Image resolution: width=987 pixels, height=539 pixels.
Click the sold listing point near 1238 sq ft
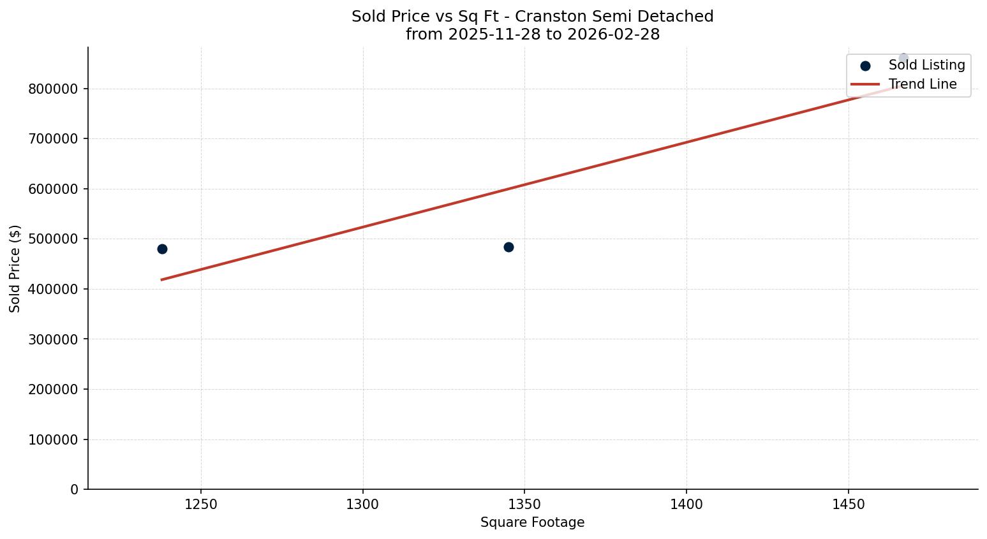162,249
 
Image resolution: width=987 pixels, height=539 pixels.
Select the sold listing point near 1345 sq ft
508,247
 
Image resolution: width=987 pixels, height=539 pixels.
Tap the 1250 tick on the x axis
201,505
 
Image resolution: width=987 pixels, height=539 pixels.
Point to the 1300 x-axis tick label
362,505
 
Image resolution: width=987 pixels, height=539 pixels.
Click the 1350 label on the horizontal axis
524,505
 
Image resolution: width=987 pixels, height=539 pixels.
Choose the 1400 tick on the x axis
686,505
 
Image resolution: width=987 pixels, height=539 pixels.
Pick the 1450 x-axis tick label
848,505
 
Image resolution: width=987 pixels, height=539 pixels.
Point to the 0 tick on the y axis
75,490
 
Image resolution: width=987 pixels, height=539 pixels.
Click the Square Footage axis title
532,523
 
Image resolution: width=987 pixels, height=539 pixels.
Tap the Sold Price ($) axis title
15,269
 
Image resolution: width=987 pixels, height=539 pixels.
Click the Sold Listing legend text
926,66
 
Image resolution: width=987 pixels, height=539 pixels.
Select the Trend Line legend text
923,84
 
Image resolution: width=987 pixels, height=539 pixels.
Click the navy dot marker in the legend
865,66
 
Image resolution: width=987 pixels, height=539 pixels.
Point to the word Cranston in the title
553,17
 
